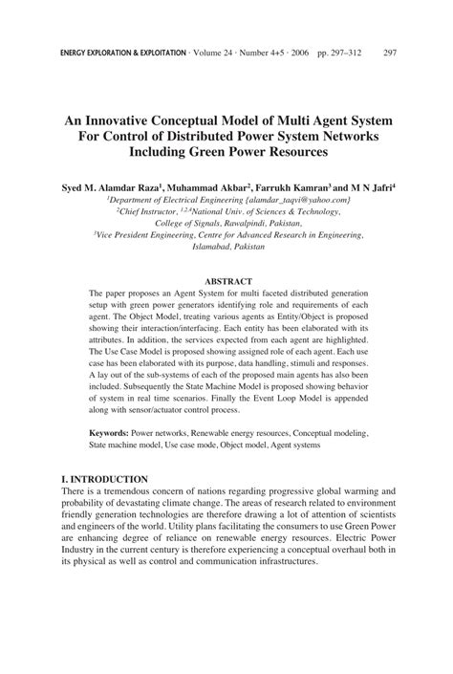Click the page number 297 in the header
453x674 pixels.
[x=390, y=54]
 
